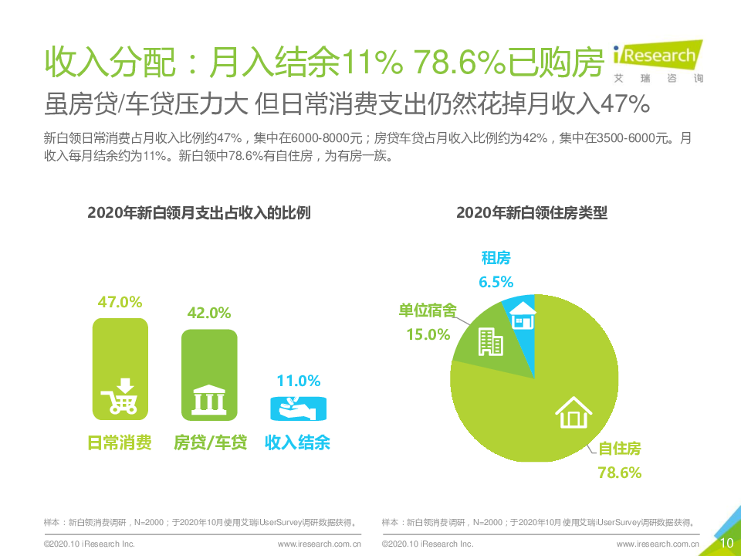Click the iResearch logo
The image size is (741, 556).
coord(657,59)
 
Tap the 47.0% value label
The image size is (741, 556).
coord(120,301)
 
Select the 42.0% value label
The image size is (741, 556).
coord(209,313)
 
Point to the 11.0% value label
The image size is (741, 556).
coord(298,381)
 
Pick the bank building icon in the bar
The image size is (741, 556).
coord(209,401)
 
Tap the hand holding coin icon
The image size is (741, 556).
coord(298,405)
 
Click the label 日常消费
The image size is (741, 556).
coord(119,442)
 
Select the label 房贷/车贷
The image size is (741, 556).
coord(210,442)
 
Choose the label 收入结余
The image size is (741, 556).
coord(298,442)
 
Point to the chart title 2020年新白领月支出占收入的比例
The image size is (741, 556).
coord(199,213)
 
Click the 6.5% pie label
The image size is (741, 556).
coord(496,282)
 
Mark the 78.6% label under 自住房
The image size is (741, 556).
coord(620,473)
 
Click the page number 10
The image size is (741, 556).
coord(726,543)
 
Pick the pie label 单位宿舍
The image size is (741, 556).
coord(427,310)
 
